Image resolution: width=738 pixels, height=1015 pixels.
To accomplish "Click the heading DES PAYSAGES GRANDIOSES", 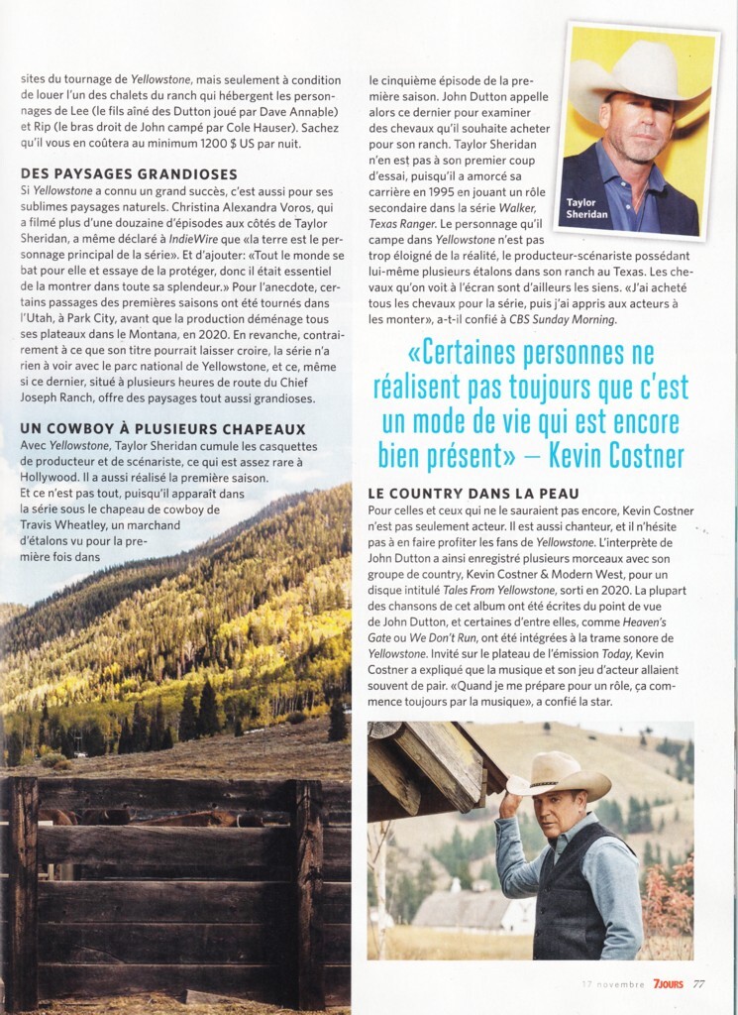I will tap(129, 174).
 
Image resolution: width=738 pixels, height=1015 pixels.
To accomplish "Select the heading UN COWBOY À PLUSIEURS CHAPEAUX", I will tap(162, 429).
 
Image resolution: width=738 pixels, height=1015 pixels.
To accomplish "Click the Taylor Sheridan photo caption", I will tap(587, 209).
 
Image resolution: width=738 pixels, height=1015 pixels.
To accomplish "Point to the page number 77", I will tap(699, 984).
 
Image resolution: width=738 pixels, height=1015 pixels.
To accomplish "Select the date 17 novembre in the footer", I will tap(614, 984).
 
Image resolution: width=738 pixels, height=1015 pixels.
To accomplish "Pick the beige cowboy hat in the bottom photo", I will tap(559, 775).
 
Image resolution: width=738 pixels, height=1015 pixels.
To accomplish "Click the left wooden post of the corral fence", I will tap(22, 892).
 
